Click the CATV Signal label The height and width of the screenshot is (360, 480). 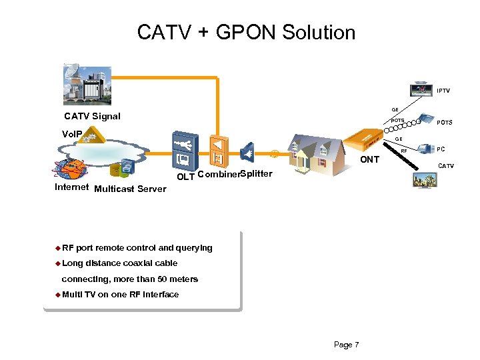tap(92, 116)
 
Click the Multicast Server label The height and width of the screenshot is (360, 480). tap(130, 189)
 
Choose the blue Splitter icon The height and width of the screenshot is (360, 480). tap(247, 153)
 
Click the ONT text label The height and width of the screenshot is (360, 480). tap(370, 160)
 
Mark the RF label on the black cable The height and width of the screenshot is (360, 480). tap(403, 151)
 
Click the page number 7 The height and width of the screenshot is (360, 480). tap(357, 345)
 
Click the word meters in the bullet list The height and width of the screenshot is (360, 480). tap(183, 279)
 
